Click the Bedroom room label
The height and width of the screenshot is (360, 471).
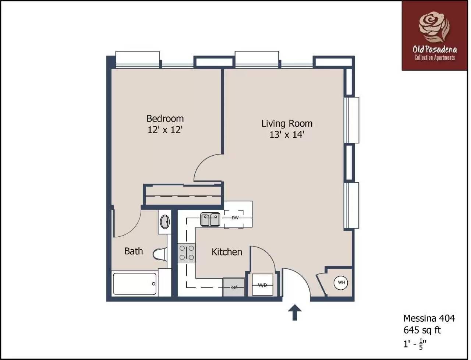(x=165, y=119)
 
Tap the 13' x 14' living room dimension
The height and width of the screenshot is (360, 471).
(x=287, y=135)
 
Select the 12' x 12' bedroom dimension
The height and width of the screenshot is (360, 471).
(x=165, y=130)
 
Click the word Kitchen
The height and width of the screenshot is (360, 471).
(x=227, y=252)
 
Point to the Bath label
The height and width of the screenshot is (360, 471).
(x=134, y=251)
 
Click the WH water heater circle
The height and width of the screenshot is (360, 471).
(x=341, y=282)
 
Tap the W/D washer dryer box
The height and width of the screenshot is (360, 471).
(x=262, y=285)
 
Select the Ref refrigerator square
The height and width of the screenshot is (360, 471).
(x=234, y=287)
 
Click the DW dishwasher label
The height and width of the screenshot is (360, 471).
(x=235, y=218)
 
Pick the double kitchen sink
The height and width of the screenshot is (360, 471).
(x=210, y=219)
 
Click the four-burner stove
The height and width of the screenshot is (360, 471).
(x=187, y=253)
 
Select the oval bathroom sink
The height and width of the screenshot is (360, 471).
(x=165, y=222)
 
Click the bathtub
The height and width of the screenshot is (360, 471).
(x=135, y=284)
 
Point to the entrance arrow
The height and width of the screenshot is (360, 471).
(x=295, y=313)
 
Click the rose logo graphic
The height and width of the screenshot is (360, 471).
(x=434, y=27)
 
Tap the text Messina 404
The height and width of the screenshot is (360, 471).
(x=429, y=318)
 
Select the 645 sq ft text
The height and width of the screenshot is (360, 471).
(x=422, y=330)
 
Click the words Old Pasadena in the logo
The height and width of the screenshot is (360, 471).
(x=435, y=50)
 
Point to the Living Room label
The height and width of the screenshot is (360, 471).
(x=287, y=124)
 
